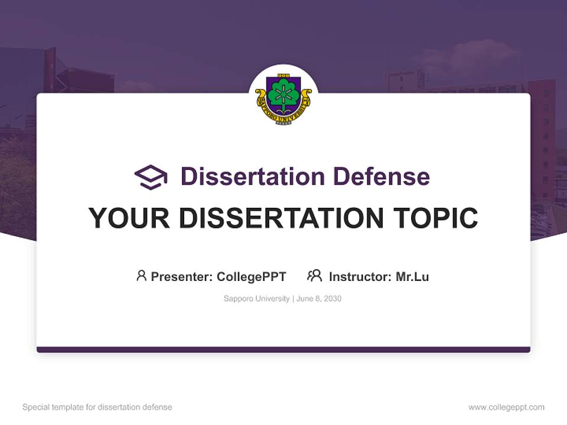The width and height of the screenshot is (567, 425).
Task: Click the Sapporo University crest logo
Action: tap(283, 98)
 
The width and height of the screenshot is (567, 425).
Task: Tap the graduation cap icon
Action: tap(151, 176)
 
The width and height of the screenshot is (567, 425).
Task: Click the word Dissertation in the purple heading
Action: tap(252, 176)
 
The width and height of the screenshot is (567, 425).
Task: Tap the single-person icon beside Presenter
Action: tap(141, 276)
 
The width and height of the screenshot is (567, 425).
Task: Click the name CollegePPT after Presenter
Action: tap(252, 277)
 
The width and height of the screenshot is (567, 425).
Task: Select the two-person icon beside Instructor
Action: tap(315, 276)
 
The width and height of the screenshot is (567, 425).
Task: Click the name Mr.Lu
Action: tap(412, 277)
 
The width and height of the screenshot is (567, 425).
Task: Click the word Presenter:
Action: tap(182, 277)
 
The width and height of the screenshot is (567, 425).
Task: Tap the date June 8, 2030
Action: tap(319, 299)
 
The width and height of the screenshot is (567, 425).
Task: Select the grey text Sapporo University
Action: tap(256, 299)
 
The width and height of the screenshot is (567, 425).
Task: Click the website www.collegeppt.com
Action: tap(506, 407)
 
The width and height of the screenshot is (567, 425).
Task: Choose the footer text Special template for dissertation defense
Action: tap(97, 407)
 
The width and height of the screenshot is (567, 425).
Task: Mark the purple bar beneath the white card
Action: tap(283, 349)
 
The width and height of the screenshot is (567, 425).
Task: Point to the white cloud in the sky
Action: tap(467, 56)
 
